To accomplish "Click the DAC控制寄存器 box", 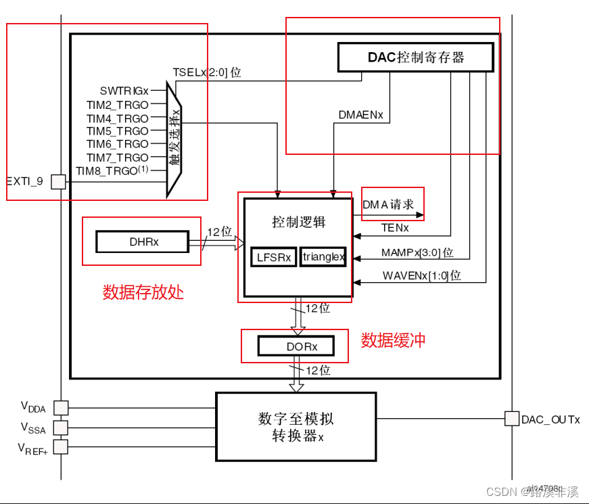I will tap(415, 58).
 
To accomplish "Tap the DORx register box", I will tap(296, 346).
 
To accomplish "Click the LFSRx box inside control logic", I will tap(273, 257).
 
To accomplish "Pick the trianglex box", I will tap(323, 257).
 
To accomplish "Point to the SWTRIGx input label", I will tap(124, 90).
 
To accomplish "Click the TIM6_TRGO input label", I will tap(117, 144).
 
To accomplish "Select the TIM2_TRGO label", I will tap(117, 104).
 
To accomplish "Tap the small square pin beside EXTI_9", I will tap(59, 181).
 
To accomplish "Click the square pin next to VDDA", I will tap(61, 407).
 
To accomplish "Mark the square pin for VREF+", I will tap(61, 447).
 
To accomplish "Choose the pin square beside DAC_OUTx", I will tap(511, 419).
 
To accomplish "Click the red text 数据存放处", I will tap(143, 292).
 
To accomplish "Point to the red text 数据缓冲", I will tap(393, 340).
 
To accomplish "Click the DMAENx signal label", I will tap(360, 115).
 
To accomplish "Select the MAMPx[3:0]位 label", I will tap(417, 253).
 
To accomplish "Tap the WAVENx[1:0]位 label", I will tap(421, 275).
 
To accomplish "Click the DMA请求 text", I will tap(388, 204).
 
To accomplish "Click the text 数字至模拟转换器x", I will tap(296, 427).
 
